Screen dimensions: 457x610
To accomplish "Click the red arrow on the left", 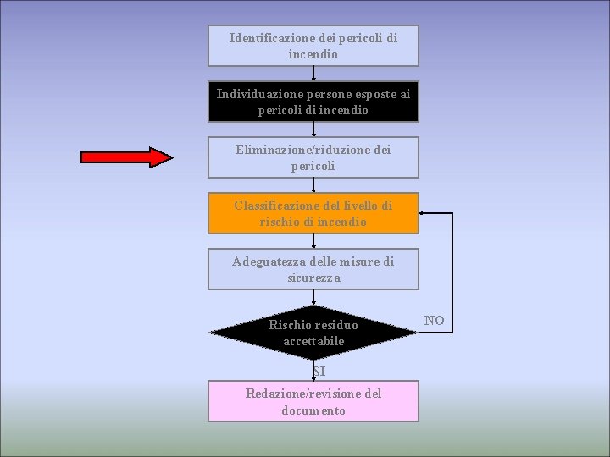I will pyautogui.click(x=127, y=157).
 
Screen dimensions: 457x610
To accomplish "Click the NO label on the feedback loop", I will pyautogui.click(x=434, y=320).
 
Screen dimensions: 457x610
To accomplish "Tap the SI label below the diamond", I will pyautogui.click(x=318, y=371).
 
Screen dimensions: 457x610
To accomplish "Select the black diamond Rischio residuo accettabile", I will pyautogui.click(x=313, y=333).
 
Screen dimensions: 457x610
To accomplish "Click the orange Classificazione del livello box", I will pyautogui.click(x=313, y=213).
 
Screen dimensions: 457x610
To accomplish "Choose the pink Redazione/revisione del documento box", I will pyautogui.click(x=313, y=401).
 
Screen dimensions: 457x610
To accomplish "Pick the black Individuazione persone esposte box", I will pyautogui.click(x=313, y=102).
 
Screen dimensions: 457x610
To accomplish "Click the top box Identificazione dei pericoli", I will pyautogui.click(x=313, y=46).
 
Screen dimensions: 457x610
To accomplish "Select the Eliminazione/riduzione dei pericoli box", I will pyautogui.click(x=313, y=157).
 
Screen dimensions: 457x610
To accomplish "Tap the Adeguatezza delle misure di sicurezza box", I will pyautogui.click(x=313, y=269).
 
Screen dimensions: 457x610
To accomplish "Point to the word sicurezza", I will pyautogui.click(x=313, y=278).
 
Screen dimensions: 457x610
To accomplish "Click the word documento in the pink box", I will pyautogui.click(x=313, y=410).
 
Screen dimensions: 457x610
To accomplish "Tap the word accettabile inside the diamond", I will pyautogui.click(x=313, y=341).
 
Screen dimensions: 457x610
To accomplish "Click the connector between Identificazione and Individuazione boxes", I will pyautogui.click(x=313, y=73).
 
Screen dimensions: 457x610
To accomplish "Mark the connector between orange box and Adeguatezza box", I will pyautogui.click(x=313, y=240).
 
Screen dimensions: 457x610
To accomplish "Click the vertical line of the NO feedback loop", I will pyautogui.click(x=452, y=271).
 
